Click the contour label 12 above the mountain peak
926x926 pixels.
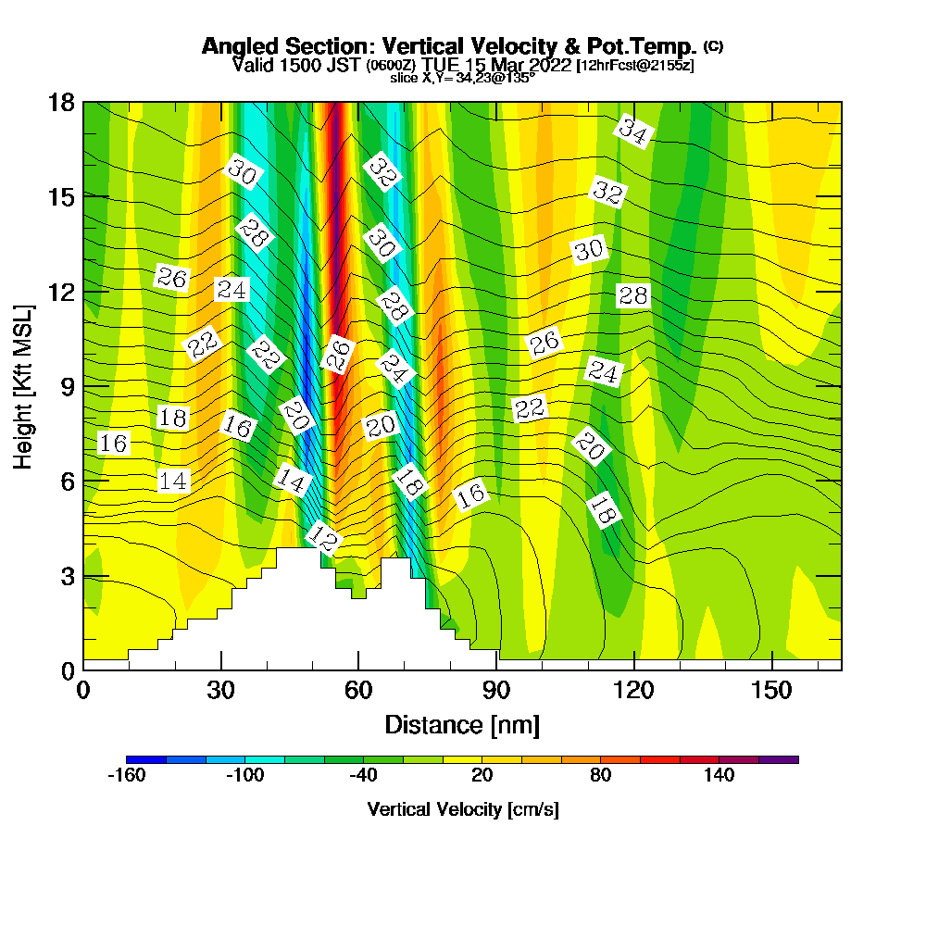click(x=324, y=538)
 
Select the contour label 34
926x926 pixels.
click(x=633, y=131)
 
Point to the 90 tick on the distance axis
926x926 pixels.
click(x=496, y=691)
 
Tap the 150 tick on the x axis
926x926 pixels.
click(x=771, y=691)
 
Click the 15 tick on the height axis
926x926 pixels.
click(x=61, y=196)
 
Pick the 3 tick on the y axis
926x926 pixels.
click(x=68, y=576)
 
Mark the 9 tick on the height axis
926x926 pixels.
click(x=68, y=386)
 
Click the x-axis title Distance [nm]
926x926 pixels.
click(x=462, y=724)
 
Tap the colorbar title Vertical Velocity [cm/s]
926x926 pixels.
click(x=463, y=809)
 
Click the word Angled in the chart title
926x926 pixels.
click(x=234, y=46)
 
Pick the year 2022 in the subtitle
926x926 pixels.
click(x=551, y=65)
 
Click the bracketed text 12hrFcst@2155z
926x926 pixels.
click(x=634, y=66)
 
